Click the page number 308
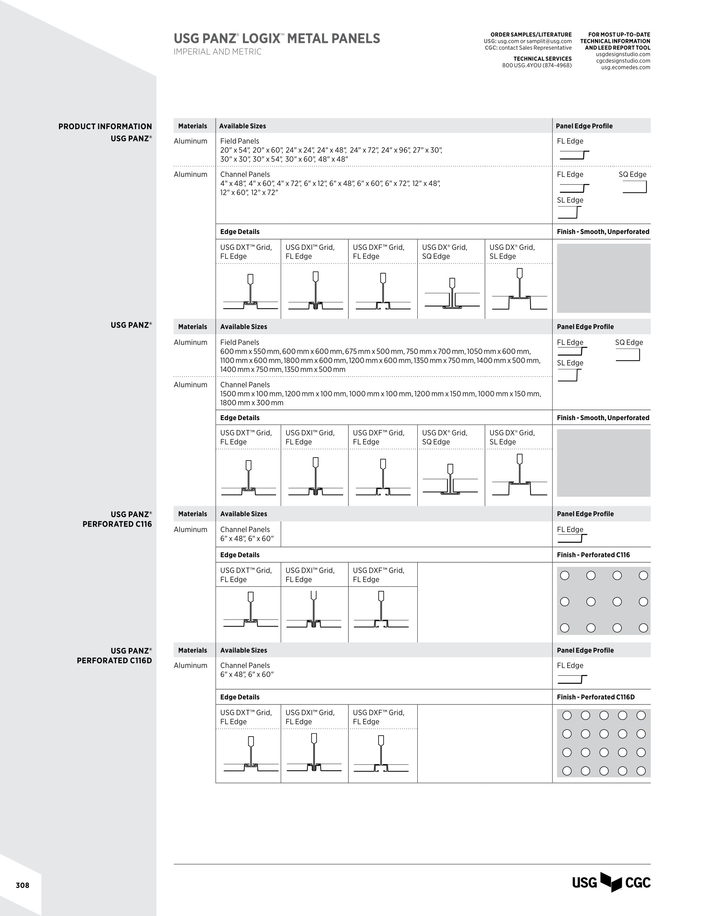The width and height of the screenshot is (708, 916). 22,885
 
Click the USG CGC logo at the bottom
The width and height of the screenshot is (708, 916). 611,882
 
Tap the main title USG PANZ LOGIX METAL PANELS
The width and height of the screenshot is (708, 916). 277,39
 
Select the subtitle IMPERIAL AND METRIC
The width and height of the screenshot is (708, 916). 217,52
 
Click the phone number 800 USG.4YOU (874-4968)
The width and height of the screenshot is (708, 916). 536,65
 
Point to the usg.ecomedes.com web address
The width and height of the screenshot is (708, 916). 626,67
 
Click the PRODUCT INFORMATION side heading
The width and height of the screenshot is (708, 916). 105,126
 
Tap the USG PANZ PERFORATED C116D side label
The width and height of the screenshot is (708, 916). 114,655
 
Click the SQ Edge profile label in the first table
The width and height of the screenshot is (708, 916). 632,174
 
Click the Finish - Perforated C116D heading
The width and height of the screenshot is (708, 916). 596,697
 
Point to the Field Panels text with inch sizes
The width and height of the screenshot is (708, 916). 239,141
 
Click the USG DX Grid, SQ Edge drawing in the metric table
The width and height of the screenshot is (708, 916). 451,479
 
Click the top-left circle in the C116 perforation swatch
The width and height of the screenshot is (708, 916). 565,575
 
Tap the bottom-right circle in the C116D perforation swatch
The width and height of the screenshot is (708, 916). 641,770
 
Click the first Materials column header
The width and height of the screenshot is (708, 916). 192,126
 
